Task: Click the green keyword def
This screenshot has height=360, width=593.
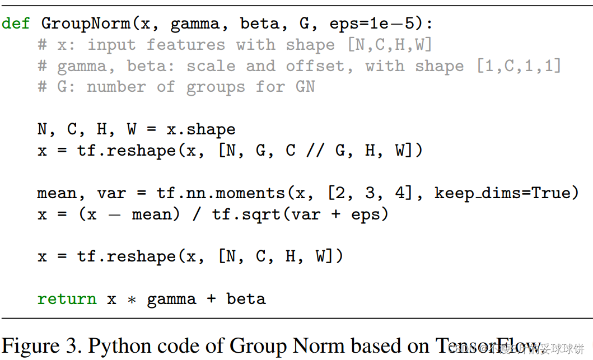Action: tap(16, 24)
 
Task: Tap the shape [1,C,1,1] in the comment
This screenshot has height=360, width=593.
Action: tap(519, 66)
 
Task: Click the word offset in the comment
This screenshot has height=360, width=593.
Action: tap(315, 66)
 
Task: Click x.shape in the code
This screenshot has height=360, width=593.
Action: tap(200, 129)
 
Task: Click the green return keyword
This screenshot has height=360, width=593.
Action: tap(67, 299)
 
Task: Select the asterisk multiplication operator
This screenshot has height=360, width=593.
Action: tap(132, 300)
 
